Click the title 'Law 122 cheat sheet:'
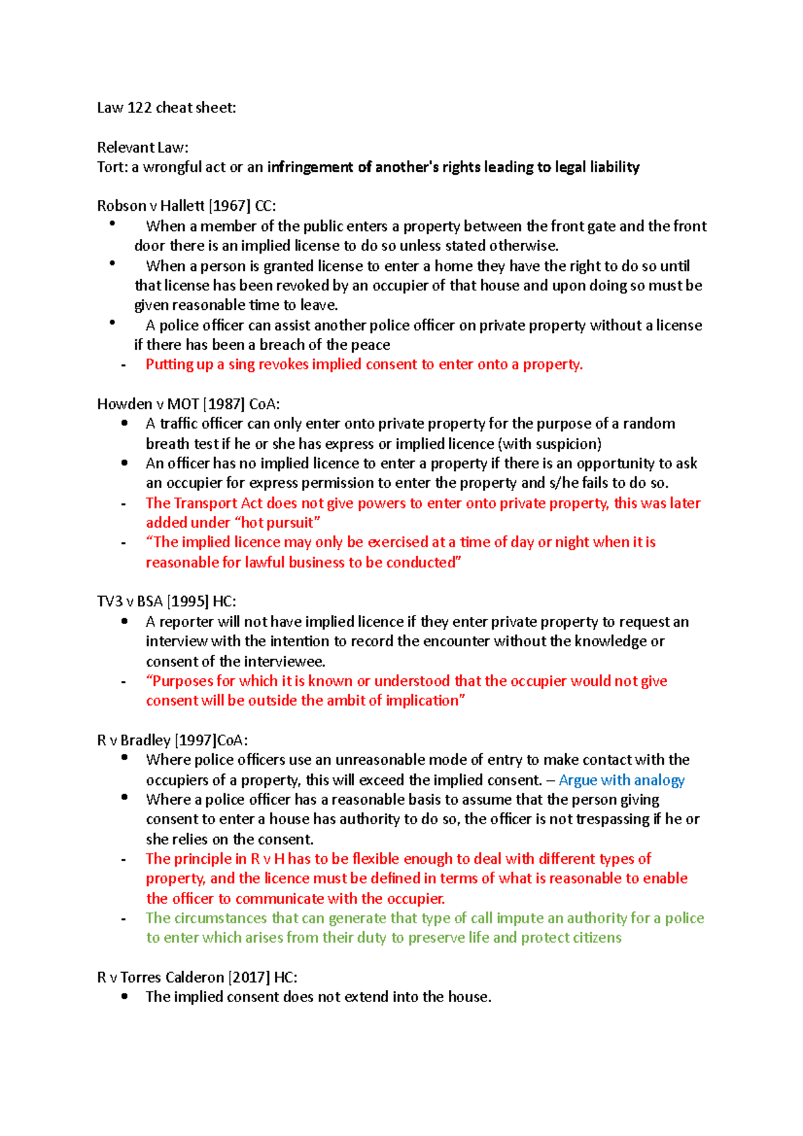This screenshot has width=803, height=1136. click(166, 108)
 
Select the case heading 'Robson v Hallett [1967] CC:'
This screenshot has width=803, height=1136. click(186, 206)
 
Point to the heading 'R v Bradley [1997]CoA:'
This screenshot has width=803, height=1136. click(172, 740)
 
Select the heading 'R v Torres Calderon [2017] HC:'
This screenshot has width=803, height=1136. click(197, 977)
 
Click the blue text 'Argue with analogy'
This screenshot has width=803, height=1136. click(621, 780)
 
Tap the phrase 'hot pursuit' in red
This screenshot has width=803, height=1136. click(276, 523)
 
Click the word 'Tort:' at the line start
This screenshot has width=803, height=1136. click(112, 167)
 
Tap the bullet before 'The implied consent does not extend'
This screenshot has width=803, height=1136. click(124, 996)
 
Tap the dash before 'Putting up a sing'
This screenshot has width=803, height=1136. click(124, 365)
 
